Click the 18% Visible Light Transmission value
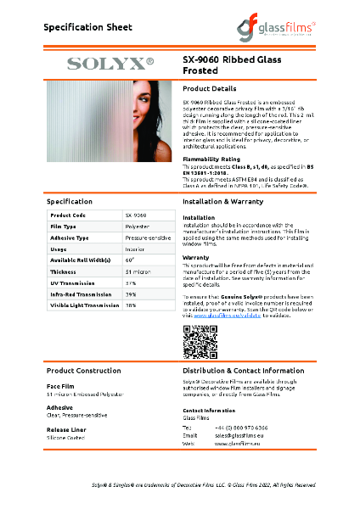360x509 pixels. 131,304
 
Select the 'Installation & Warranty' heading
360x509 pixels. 230,203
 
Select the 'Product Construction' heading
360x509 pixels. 83,372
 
